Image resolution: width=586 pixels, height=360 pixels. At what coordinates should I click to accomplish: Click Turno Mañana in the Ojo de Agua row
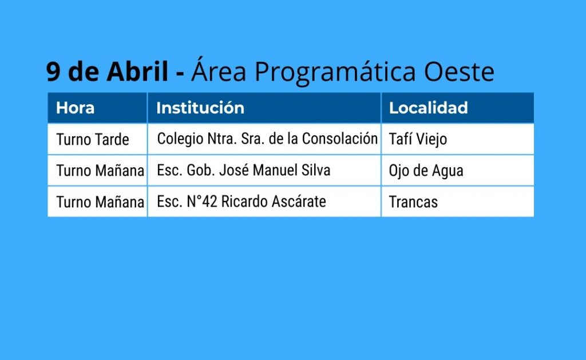[x=100, y=171]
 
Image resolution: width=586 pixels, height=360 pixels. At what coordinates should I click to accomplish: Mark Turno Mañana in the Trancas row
[x=100, y=202]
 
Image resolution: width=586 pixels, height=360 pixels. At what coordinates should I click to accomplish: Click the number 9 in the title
[x=53, y=72]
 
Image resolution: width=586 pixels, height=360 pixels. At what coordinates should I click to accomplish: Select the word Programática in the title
[x=335, y=72]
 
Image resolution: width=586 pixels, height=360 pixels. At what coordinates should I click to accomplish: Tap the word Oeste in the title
[x=459, y=72]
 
